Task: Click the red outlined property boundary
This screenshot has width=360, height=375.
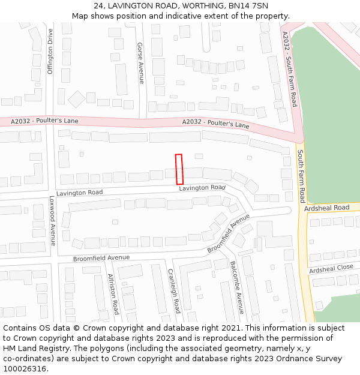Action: [179, 169]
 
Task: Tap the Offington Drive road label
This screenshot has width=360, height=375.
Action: [50, 52]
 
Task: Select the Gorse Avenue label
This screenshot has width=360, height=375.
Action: [141, 63]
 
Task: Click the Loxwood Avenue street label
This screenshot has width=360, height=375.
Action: [52, 220]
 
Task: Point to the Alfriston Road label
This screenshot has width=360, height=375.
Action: [112, 294]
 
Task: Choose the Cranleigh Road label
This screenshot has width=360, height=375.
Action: [173, 290]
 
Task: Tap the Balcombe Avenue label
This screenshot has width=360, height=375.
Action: [236, 287]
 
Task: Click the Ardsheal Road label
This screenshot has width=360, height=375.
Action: [327, 208]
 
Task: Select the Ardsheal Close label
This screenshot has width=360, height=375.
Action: [331, 268]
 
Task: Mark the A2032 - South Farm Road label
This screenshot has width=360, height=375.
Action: [290, 69]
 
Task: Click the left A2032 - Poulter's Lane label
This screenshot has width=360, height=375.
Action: [45, 121]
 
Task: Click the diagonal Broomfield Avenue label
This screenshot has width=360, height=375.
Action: [228, 233]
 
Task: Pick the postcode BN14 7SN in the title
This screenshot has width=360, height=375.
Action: [248, 6]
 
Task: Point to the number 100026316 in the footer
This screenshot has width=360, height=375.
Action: [24, 369]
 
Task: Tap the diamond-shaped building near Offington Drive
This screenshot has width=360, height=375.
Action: [77, 99]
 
